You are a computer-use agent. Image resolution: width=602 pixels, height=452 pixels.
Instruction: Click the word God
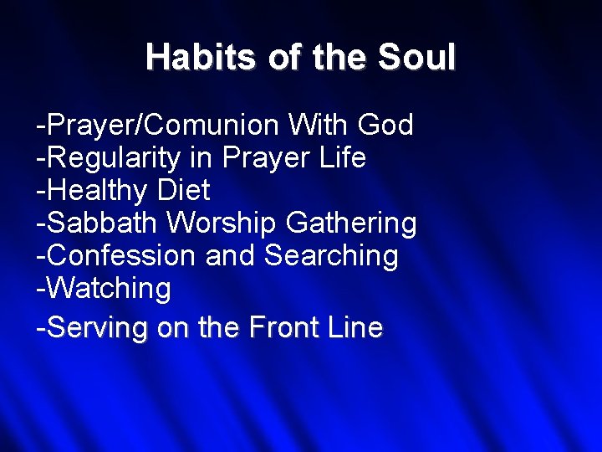pos(385,126)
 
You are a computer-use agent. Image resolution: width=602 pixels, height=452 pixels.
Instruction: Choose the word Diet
pos(183,191)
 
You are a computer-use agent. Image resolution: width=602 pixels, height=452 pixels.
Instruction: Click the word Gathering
pos(351,223)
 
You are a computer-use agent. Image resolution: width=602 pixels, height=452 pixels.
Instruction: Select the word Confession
pos(120,256)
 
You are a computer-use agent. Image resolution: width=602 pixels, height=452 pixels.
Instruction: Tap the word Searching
pos(331,256)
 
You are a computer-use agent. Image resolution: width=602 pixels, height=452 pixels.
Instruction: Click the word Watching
pos(108,289)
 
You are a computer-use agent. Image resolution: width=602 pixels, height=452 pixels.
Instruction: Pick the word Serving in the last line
pos(99,327)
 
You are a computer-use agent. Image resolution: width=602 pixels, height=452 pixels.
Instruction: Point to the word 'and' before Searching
pos(231,256)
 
